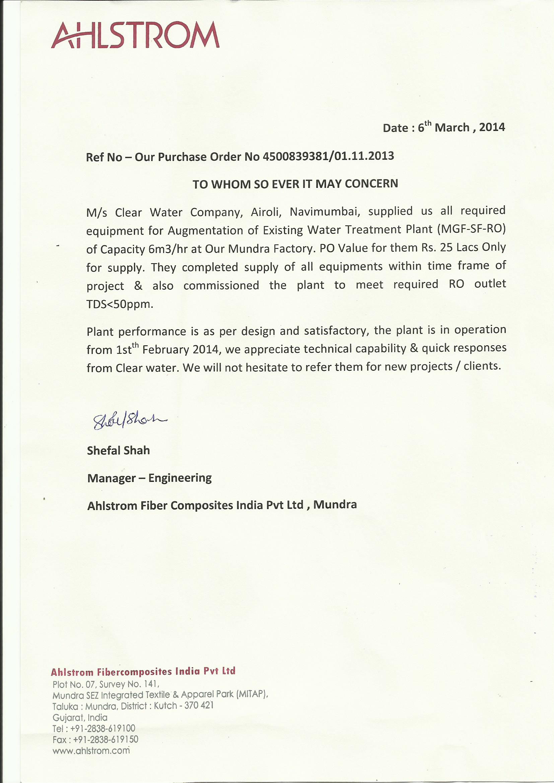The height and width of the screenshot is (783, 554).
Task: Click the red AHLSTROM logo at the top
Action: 135,35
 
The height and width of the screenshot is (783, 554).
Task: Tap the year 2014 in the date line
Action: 492,127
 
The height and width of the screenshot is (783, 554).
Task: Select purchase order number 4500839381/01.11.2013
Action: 328,156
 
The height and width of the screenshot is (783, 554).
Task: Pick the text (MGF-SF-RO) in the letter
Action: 471,229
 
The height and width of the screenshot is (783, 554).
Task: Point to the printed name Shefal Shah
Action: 118,450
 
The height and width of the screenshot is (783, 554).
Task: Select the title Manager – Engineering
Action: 149,478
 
